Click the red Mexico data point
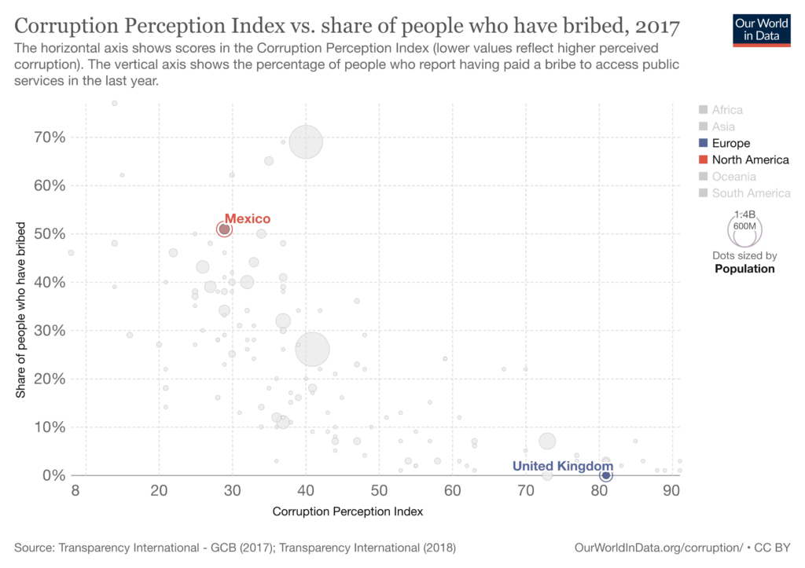pos(224,229)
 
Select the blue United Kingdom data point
pos(606,475)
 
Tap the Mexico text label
pos(247,219)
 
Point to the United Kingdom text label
pos(562,466)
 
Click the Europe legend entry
pos(730,143)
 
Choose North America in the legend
pos(750,159)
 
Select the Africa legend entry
pos(726,110)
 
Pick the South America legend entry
pos(751,192)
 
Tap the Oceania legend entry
pos(733,176)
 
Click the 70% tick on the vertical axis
pos(49,137)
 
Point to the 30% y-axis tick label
pos(49,331)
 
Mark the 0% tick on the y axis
pos(53,475)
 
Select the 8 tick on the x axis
pos(75,491)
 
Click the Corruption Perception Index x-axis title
pos(347,511)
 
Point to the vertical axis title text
pos(20,310)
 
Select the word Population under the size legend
pos(744,269)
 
